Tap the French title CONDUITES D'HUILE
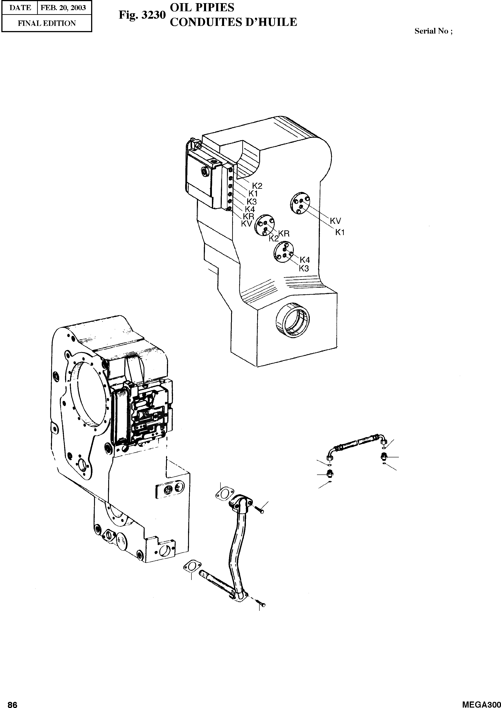(233, 22)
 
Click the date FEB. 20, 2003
(63, 8)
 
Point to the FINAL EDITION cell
(47, 23)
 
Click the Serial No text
(433, 31)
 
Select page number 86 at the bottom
(12, 704)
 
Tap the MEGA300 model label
(481, 704)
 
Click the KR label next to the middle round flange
(284, 234)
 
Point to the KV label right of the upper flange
(335, 221)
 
